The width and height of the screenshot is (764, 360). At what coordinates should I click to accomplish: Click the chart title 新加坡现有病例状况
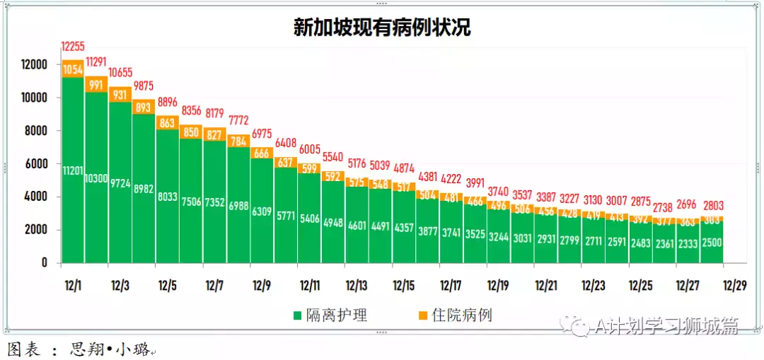(x=382, y=28)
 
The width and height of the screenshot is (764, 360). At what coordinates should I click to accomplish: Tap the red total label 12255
(x=72, y=47)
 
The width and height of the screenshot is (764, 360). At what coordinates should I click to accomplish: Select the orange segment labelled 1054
(x=73, y=69)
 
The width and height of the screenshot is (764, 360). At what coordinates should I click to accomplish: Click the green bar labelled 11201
(x=73, y=170)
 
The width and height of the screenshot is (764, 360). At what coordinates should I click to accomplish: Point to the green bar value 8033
(x=167, y=197)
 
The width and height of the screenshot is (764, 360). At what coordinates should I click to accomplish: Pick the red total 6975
(x=262, y=133)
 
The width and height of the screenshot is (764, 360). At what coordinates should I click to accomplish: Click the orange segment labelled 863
(x=167, y=122)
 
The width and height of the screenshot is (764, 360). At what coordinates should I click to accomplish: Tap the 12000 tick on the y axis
(x=33, y=64)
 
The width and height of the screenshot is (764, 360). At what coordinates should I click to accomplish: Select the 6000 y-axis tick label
(x=36, y=163)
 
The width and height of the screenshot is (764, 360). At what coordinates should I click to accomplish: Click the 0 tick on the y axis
(x=44, y=262)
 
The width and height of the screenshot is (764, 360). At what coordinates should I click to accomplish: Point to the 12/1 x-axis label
(x=73, y=286)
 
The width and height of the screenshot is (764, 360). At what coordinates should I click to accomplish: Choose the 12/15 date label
(x=403, y=286)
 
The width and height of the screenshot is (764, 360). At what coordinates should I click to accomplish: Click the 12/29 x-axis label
(x=734, y=286)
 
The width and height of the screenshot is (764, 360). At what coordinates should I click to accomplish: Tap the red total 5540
(x=332, y=157)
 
